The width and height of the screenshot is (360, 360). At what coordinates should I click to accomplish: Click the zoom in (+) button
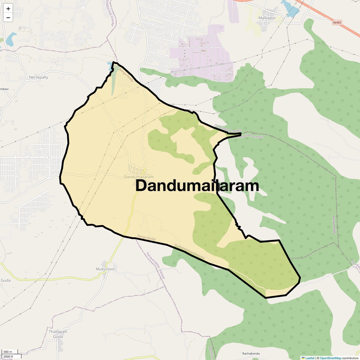(8, 9)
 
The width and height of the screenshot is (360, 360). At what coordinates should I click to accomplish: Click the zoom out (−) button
(8, 18)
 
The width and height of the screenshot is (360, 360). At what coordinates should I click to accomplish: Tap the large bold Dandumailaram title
(197, 186)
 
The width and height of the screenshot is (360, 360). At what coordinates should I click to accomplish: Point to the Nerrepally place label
(38, 77)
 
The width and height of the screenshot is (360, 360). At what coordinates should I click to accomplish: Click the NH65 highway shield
(337, 22)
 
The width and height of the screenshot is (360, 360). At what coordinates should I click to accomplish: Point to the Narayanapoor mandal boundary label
(156, 266)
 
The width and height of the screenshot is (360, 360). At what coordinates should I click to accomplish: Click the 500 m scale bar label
(8, 352)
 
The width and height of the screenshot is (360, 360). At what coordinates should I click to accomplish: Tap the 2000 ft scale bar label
(8, 356)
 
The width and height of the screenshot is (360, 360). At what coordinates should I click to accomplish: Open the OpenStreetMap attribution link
(331, 358)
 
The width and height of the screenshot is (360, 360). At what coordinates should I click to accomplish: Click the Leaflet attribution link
(310, 358)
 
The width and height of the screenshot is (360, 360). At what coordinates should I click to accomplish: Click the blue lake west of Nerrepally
(10, 39)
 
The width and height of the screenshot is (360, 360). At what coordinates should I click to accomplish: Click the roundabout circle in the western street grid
(49, 157)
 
